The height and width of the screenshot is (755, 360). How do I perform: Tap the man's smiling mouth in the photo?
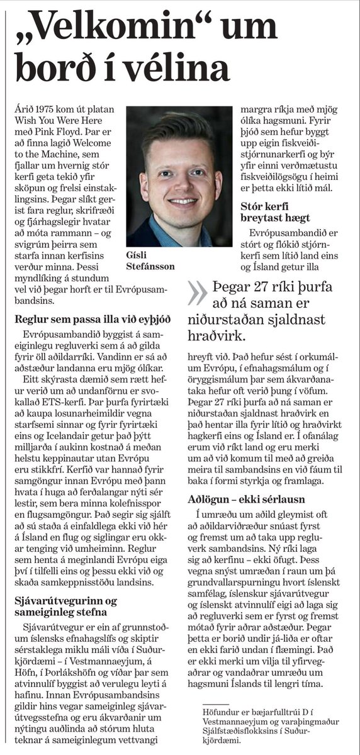click(182, 202)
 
